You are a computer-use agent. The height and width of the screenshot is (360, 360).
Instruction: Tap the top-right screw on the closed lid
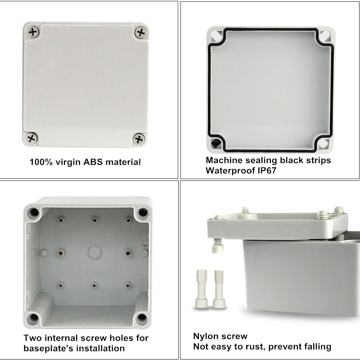tap(140, 32)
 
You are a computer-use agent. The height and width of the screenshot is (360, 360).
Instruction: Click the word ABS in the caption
tap(96, 162)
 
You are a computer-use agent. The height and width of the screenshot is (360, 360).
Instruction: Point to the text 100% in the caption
tap(41, 162)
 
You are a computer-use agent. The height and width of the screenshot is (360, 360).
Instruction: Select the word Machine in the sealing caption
tap(224, 160)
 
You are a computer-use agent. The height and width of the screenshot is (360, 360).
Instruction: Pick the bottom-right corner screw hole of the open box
tap(142, 319)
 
